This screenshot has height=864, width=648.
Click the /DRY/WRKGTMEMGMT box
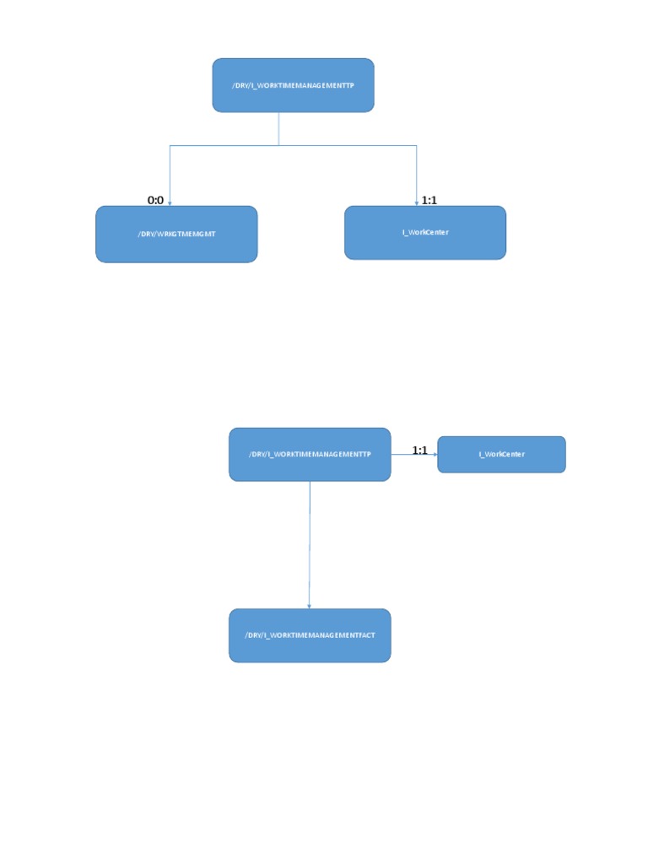[x=176, y=235]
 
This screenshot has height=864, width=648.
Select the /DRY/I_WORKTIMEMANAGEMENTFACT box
[x=310, y=635]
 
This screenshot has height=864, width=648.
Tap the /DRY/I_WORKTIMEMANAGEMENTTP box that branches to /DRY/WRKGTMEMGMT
[x=293, y=85]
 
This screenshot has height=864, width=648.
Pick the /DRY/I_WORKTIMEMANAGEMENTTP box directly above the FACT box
[x=310, y=454]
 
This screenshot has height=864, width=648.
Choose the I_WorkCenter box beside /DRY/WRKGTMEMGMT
[x=425, y=233]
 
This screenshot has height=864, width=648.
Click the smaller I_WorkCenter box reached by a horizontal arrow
[x=501, y=454]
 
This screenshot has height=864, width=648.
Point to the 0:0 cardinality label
[x=155, y=200]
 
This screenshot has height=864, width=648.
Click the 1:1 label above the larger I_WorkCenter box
[x=429, y=200]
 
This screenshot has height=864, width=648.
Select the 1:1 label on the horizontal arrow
[x=420, y=451]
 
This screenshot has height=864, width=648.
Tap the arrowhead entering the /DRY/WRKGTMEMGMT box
[x=170, y=203]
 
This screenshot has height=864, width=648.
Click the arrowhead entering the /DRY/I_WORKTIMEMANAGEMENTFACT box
[x=309, y=606]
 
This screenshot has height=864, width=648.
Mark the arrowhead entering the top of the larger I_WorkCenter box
[x=417, y=203]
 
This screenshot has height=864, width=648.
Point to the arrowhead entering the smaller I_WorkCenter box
[x=435, y=454]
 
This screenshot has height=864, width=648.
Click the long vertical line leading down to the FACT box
[x=310, y=544]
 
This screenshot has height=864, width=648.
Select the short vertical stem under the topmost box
[x=278, y=129]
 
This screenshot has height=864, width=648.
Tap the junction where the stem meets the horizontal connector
[x=278, y=145]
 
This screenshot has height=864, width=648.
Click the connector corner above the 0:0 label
[x=170, y=145]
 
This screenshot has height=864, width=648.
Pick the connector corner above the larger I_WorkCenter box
[x=417, y=145]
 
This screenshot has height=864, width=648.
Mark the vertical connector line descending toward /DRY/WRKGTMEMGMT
[x=170, y=175]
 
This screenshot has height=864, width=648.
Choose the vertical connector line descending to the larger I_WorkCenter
[x=417, y=175]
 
